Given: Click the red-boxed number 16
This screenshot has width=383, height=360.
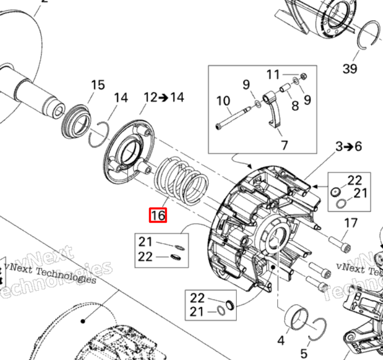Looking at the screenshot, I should pos(158,215).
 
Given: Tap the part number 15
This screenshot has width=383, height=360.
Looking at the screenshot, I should pos(98,85).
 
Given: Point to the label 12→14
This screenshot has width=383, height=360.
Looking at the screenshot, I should pos(164,97).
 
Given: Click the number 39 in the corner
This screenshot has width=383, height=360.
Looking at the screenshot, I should pos(350,68).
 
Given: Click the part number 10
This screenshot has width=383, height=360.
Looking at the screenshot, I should pos(223,100).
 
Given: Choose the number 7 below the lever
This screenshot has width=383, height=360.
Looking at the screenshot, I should pos(283,146).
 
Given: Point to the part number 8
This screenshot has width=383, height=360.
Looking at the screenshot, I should pos(295,106).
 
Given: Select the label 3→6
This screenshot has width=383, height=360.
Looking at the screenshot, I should pos(348,146).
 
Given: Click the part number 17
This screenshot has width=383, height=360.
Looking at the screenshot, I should pos(350,223).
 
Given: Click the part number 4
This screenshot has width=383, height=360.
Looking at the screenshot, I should pos(281,341).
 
